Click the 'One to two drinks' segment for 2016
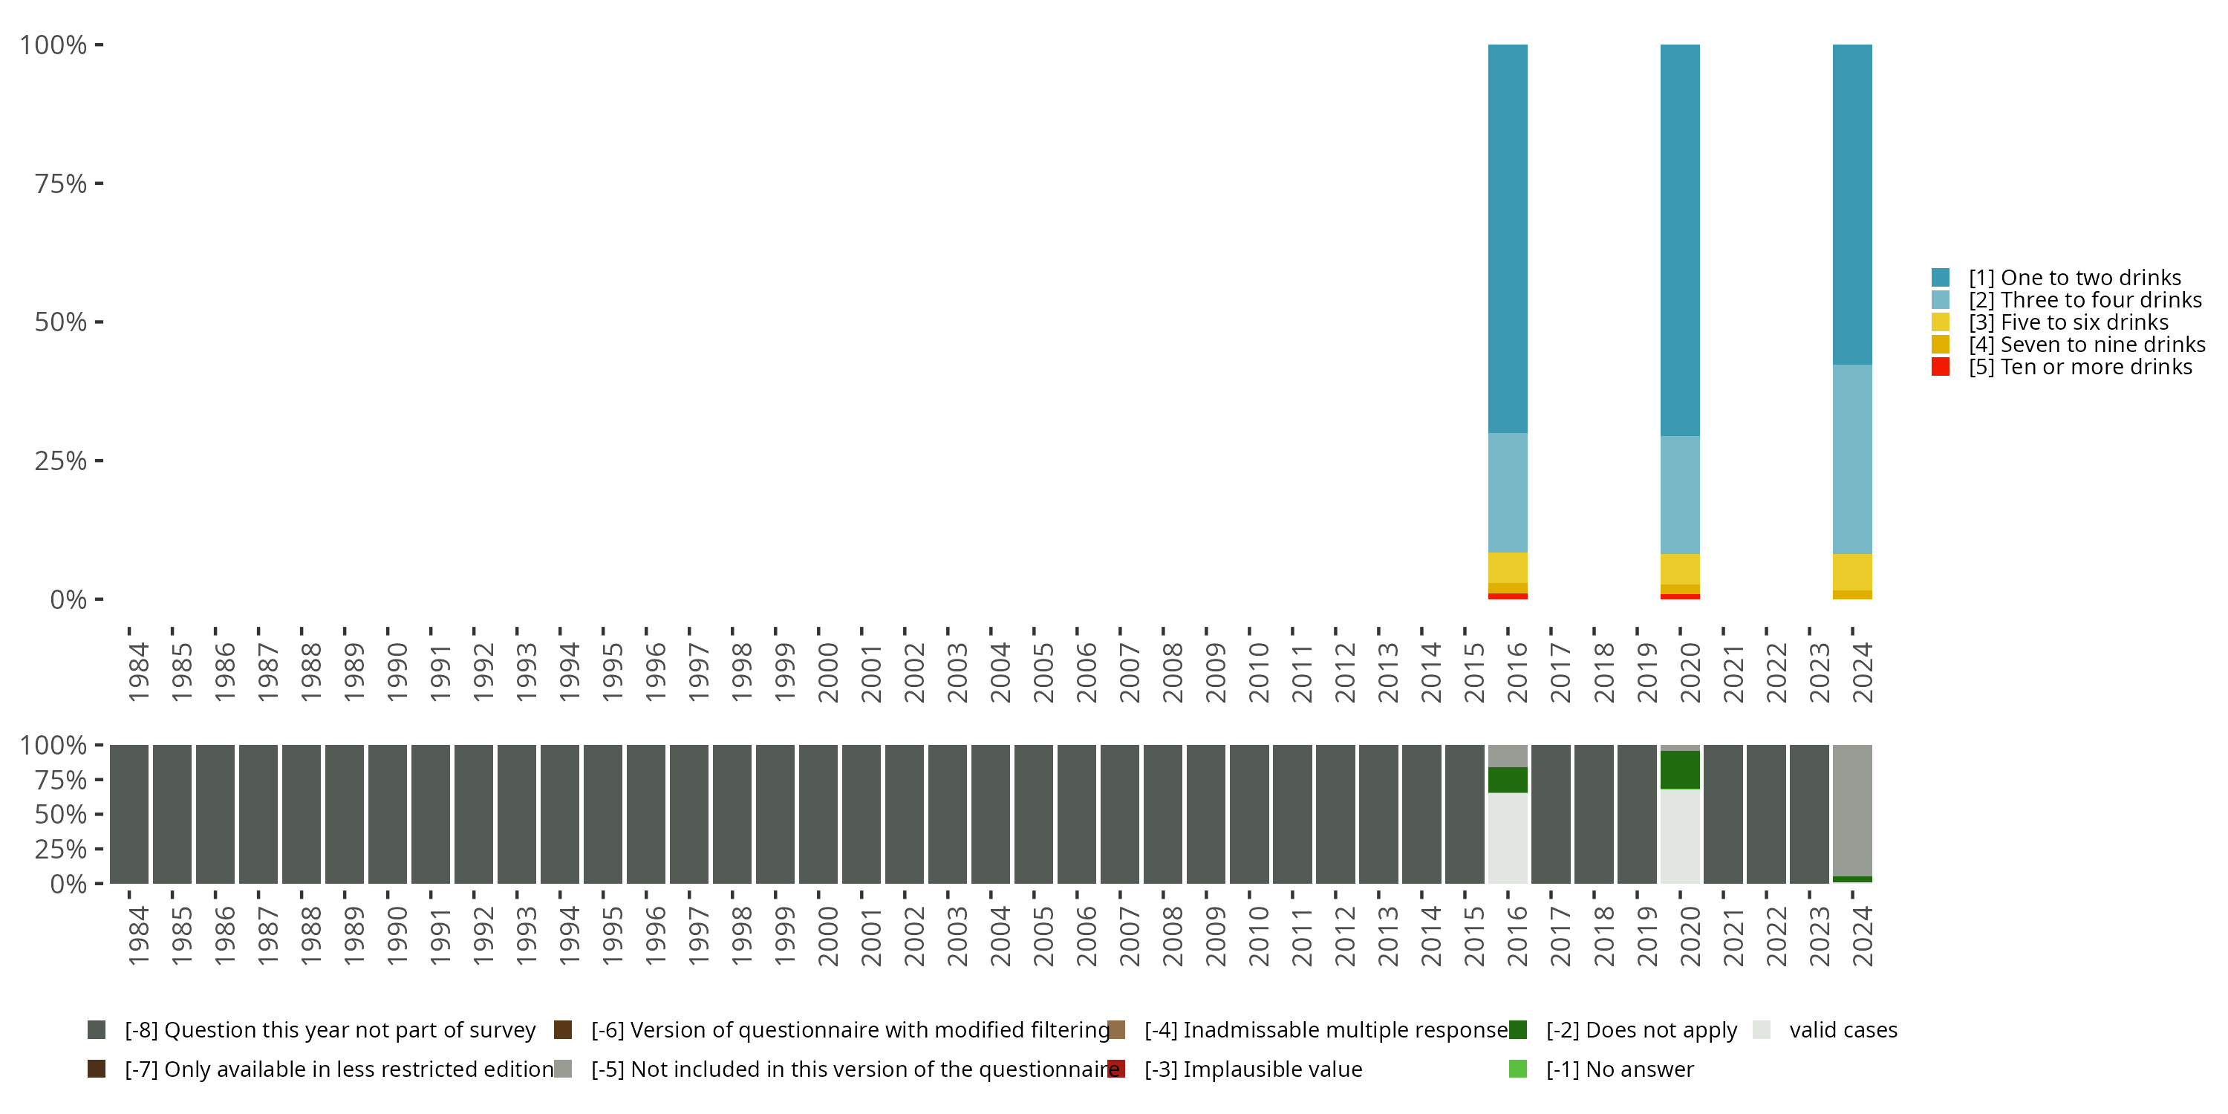[1507, 238]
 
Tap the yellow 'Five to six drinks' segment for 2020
[1680, 569]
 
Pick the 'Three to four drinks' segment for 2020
[1680, 494]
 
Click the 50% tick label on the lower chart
[61, 815]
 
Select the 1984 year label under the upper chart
[138, 672]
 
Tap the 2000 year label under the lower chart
[828, 936]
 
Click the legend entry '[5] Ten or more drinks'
[2080, 368]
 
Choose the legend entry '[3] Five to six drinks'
[2068, 322]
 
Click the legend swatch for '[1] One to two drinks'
[1940, 278]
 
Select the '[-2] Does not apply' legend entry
[1641, 1030]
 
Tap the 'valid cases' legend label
[1843, 1030]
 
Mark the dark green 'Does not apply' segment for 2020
[1680, 769]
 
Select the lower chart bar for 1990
[388, 814]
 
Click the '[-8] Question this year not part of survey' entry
[330, 1030]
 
